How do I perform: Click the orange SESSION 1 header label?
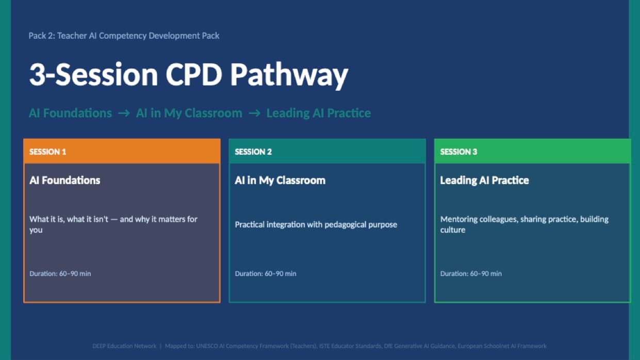click(x=48, y=152)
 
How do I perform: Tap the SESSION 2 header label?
click(x=253, y=152)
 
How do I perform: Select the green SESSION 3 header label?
click(x=458, y=152)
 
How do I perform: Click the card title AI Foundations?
click(x=65, y=180)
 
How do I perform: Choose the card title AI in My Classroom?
click(x=280, y=180)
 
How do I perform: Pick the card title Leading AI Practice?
click(x=484, y=180)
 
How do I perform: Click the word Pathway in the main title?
click(x=289, y=75)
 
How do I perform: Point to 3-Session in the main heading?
click(x=93, y=75)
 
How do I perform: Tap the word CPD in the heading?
click(x=194, y=75)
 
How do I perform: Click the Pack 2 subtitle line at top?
click(x=124, y=36)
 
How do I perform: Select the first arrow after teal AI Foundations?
click(x=124, y=113)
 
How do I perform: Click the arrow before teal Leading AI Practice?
click(x=254, y=113)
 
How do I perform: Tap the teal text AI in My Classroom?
click(x=189, y=113)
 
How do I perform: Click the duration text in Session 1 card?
click(x=60, y=273)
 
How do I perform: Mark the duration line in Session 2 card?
click(x=266, y=273)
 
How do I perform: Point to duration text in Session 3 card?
click(x=471, y=273)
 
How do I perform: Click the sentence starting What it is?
click(x=113, y=219)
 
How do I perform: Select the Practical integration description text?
click(x=316, y=224)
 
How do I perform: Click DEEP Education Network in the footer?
click(x=124, y=346)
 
